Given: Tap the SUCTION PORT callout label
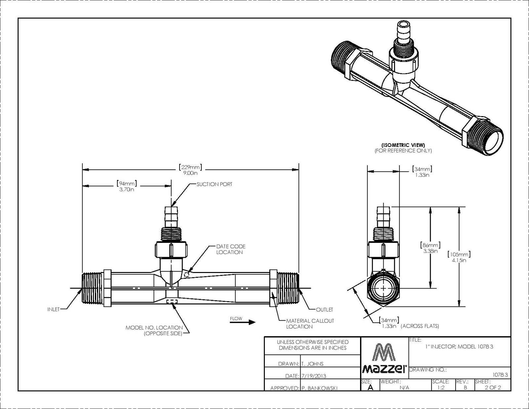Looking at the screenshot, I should coord(214,184).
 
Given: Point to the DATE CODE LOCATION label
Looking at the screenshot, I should coord(230,249).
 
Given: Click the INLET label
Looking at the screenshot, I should coord(54,309).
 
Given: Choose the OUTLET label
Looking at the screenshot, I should coord(324,310).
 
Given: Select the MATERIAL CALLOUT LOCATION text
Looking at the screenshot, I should coord(310,324).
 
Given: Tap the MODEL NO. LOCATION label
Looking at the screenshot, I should coord(154,330).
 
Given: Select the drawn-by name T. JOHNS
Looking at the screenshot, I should coord(312,364).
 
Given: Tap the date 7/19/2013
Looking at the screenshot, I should coord(314,376).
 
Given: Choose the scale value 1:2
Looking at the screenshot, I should coord(441,387).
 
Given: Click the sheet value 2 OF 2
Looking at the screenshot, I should coord(493,387).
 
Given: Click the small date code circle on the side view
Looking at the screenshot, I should coord(187,274).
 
